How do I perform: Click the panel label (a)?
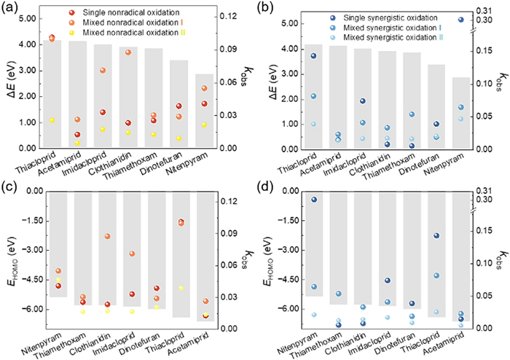point(9,9)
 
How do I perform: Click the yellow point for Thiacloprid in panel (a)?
point(52,120)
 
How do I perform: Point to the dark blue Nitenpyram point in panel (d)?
point(313,200)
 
